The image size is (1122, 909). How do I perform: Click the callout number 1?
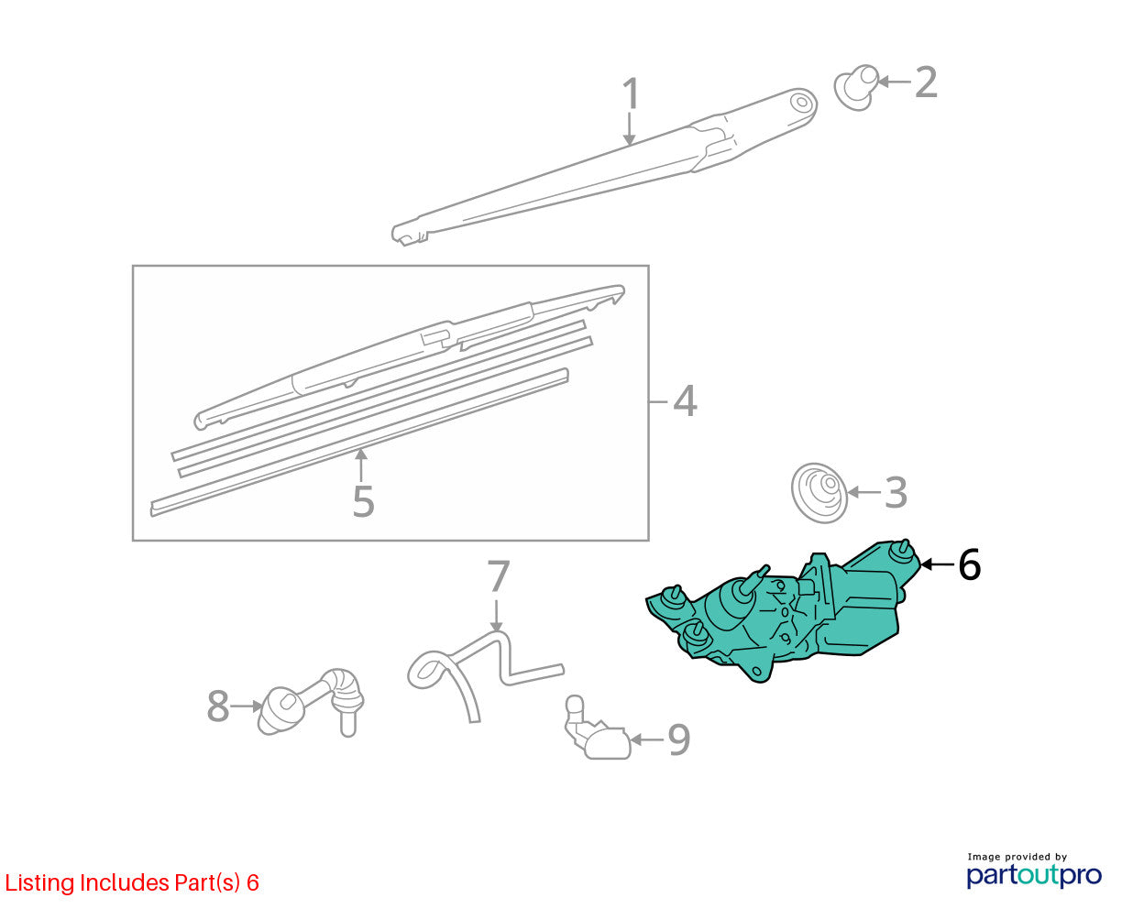click(x=630, y=93)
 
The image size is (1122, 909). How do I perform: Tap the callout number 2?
click(x=926, y=82)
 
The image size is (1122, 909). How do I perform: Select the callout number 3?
click(x=896, y=492)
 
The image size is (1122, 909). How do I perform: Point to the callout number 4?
click(x=685, y=401)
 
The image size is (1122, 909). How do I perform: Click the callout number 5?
click(x=364, y=501)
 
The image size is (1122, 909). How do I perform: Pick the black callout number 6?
click(x=969, y=564)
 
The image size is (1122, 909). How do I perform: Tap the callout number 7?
click(x=499, y=576)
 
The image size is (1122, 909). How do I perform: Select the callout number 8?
click(x=218, y=706)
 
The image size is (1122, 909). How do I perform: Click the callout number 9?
click(x=679, y=740)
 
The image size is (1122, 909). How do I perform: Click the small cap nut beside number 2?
click(x=855, y=87)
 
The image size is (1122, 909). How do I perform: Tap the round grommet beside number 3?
click(x=819, y=493)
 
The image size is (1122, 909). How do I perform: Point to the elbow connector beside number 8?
click(x=312, y=703)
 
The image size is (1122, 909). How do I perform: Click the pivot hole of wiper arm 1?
click(x=801, y=102)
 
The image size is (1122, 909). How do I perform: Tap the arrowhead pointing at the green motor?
click(x=926, y=564)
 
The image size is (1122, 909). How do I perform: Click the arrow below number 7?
click(x=496, y=615)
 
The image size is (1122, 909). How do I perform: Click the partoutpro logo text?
click(x=1033, y=876)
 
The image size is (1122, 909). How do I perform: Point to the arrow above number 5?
click(x=360, y=465)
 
